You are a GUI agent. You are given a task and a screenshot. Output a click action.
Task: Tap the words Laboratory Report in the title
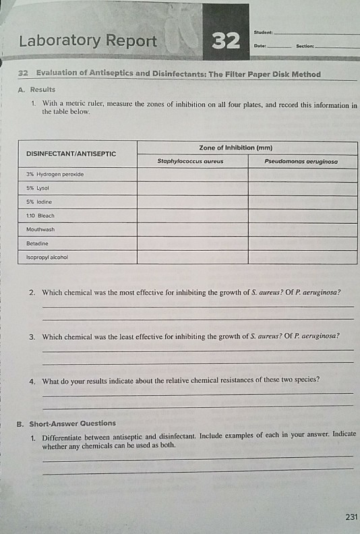pyautogui.click(x=88, y=42)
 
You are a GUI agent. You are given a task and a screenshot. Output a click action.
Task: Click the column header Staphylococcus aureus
pyautogui.click(x=191, y=162)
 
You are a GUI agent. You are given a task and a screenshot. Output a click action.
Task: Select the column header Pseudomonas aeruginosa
pyautogui.click(x=301, y=162)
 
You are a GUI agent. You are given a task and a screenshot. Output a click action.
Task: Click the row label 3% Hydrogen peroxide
pyautogui.click(x=53, y=175)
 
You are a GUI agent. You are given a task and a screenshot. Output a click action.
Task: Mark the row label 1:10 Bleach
pyautogui.click(x=40, y=216)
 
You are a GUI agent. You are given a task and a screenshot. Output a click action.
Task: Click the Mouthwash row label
pyautogui.click(x=41, y=229)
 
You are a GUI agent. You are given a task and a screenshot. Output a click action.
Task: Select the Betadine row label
pyautogui.click(x=38, y=243)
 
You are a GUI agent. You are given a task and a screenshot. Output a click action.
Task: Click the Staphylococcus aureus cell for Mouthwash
pyautogui.click(x=192, y=229)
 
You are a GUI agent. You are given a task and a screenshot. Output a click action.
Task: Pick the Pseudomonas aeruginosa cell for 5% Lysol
pyautogui.click(x=302, y=189)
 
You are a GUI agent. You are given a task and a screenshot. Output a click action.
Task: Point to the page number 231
pyautogui.click(x=351, y=518)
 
